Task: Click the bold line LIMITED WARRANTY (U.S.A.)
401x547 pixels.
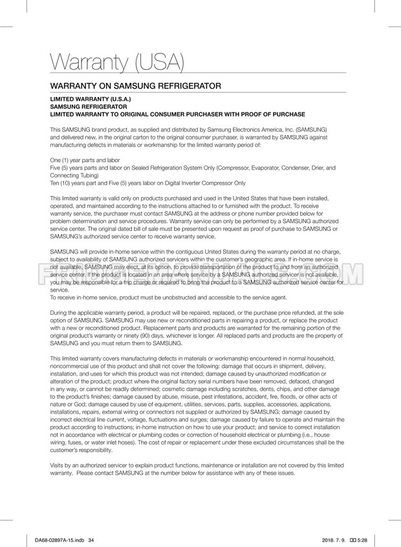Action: pos(91,100)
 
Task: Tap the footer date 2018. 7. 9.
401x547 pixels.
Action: pos(333,541)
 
